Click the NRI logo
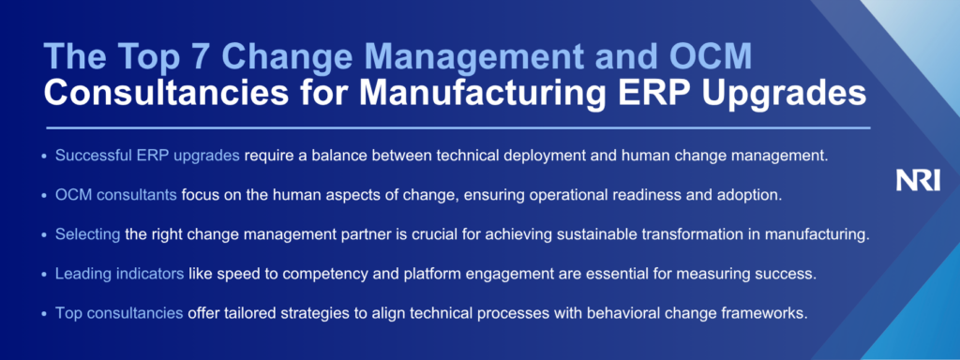pos(918,181)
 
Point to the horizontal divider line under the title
pos(457,127)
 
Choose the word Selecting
pos(87,235)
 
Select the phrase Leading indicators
pos(119,275)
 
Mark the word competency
pos(333,275)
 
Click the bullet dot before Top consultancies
pos(43,314)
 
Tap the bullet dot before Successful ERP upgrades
pos(43,157)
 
